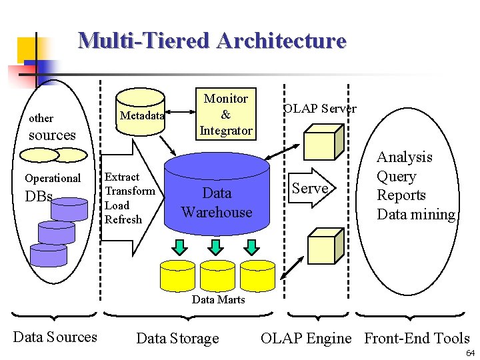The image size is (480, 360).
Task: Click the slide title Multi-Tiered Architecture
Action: pyautogui.click(x=212, y=41)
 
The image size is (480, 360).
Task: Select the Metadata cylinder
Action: pyautogui.click(x=141, y=116)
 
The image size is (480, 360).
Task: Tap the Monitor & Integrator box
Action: pyautogui.click(x=225, y=115)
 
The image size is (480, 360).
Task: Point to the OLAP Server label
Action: pyautogui.click(x=319, y=109)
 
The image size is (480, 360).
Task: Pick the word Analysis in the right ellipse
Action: pyautogui.click(x=404, y=157)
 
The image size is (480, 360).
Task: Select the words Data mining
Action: pyautogui.click(x=416, y=215)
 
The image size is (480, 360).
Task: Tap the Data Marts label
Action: pyautogui.click(x=218, y=299)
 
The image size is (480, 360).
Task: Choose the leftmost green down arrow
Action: pyautogui.click(x=180, y=247)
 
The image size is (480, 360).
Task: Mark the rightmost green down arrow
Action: pyautogui.click(x=251, y=247)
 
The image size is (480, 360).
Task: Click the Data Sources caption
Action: pyautogui.click(x=55, y=337)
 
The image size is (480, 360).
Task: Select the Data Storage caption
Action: pyautogui.click(x=177, y=339)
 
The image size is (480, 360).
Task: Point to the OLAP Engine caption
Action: pyautogui.click(x=305, y=339)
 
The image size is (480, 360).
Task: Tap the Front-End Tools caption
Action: pyautogui.click(x=417, y=339)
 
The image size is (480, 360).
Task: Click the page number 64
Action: pyautogui.click(x=470, y=353)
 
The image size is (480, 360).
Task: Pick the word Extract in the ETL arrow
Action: pyautogui.click(x=122, y=177)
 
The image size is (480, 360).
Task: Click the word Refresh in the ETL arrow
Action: pyautogui.click(x=123, y=219)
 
